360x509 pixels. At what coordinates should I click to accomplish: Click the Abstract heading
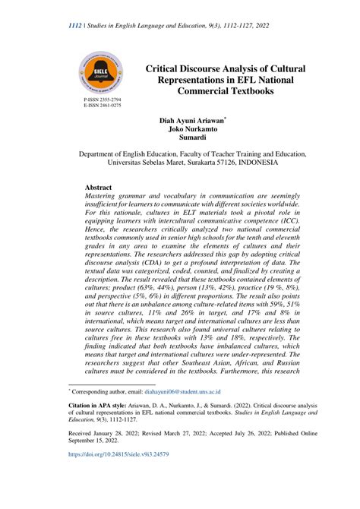pos(99,187)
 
